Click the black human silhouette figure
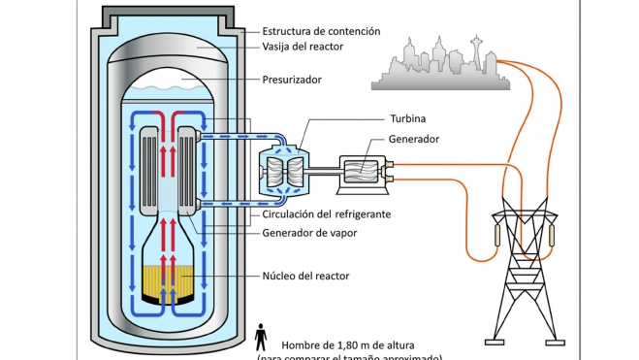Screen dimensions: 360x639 tap(261, 338)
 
